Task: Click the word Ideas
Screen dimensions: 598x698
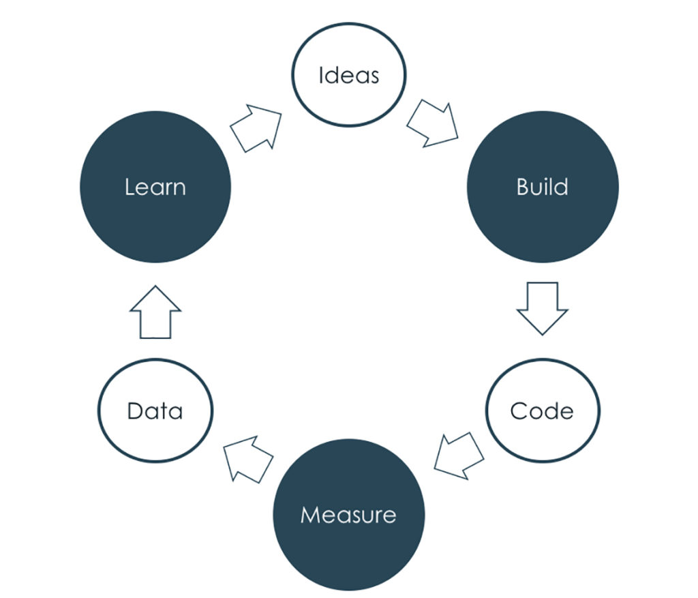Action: (x=348, y=74)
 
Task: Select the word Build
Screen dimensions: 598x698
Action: (x=543, y=187)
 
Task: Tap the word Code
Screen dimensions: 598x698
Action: (x=542, y=411)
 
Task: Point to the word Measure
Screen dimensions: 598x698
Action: (x=348, y=514)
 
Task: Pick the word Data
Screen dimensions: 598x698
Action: (x=155, y=411)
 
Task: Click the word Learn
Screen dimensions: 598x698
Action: (x=155, y=187)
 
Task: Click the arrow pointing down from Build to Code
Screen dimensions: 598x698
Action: (x=542, y=306)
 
